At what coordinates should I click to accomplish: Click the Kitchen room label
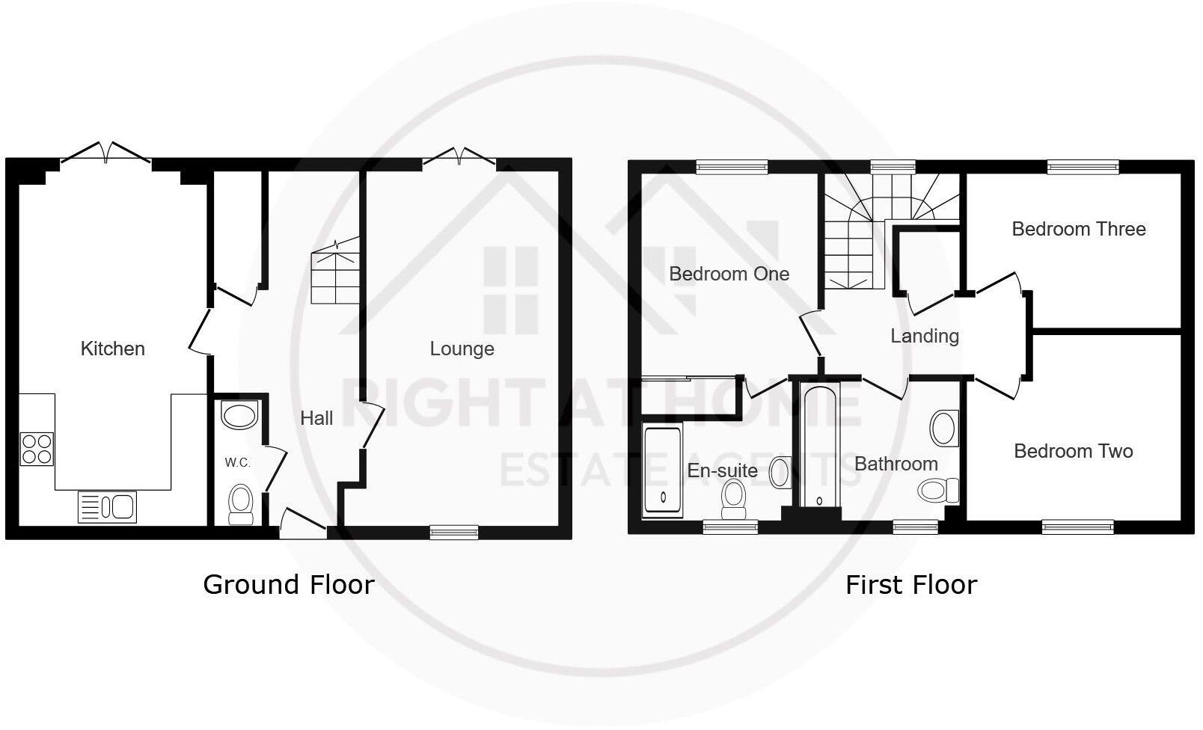pos(112,349)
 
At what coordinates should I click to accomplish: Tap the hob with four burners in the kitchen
pos(37,449)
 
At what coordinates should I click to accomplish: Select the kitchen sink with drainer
pos(107,507)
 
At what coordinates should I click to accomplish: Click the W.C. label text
pos(237,463)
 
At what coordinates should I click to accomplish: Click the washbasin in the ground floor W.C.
pos(239,415)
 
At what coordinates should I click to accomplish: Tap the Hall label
pos(316,418)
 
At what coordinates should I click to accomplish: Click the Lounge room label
pos(462,349)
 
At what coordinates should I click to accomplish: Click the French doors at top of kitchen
pos(105,153)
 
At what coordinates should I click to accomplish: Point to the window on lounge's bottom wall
pos(454,532)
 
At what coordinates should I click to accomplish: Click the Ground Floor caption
pos(288,584)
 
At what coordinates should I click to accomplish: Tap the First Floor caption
pos(910,584)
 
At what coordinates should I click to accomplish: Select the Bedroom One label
pos(729,274)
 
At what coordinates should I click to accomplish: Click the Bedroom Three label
pos(1078,229)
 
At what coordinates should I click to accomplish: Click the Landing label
pos(924,336)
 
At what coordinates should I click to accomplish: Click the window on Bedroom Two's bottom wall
pos(1078,528)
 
